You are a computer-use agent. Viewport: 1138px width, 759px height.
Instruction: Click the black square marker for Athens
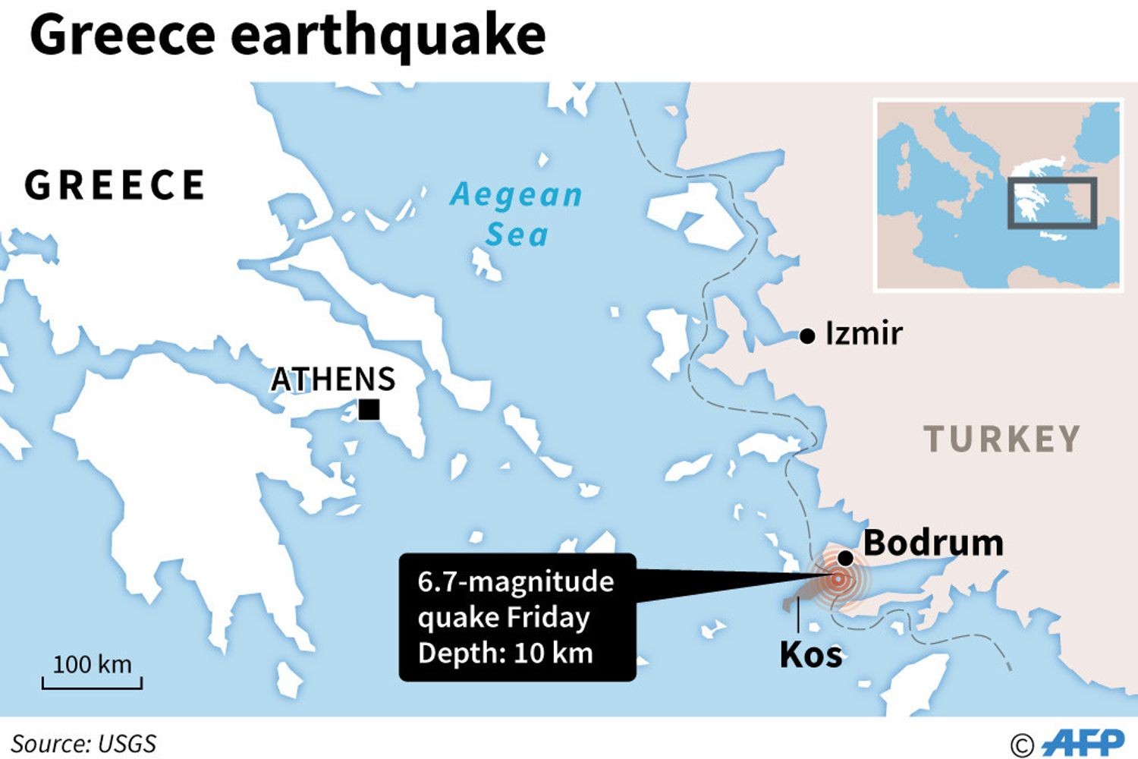click(369, 410)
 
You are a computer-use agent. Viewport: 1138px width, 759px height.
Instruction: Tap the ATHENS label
click(333, 379)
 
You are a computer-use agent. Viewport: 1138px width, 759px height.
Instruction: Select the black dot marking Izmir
click(807, 335)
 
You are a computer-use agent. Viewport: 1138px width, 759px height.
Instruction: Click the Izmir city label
click(863, 333)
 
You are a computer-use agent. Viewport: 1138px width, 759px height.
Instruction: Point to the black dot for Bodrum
click(845, 559)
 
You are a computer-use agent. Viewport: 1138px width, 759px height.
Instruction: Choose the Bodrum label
click(933, 543)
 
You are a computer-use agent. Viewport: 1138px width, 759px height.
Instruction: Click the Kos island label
click(810, 655)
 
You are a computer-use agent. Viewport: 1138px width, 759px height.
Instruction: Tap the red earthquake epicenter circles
click(838, 580)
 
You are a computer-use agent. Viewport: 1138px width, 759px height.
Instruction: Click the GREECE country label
click(115, 185)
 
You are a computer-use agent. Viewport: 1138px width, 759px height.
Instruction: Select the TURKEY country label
click(1001, 439)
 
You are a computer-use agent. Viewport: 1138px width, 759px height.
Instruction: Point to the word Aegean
click(516, 195)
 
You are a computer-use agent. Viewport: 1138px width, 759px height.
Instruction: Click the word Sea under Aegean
click(517, 235)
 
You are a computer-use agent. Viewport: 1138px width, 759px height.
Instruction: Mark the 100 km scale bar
click(92, 682)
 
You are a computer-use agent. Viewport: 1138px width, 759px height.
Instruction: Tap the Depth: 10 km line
click(505, 653)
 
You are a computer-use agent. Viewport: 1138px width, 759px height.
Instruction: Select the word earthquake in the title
click(388, 35)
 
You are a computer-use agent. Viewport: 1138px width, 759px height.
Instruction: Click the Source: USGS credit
click(83, 743)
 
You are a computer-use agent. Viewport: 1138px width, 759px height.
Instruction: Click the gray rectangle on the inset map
click(1052, 203)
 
